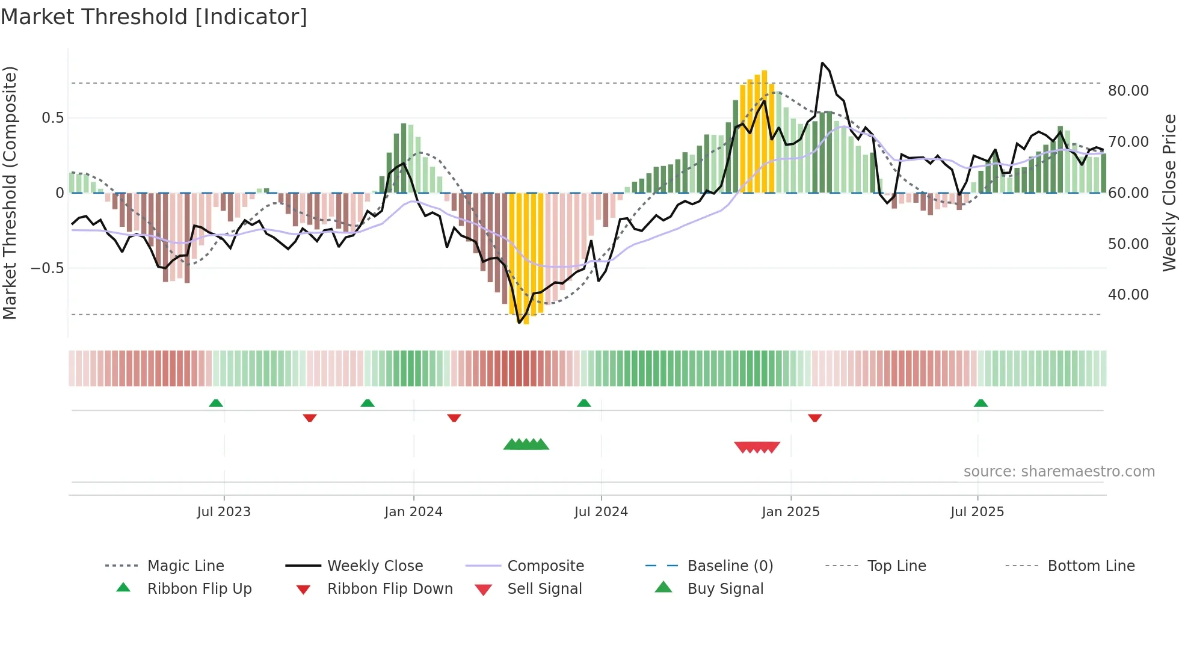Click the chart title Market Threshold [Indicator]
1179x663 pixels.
coord(154,17)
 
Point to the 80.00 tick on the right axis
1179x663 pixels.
coord(1128,91)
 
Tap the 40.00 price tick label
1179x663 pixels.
coord(1128,295)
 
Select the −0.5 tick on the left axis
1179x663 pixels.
coord(48,268)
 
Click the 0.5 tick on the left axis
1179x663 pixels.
coord(52,118)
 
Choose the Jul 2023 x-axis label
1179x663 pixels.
coord(224,512)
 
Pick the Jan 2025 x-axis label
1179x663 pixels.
coord(790,512)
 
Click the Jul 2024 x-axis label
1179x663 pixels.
coord(601,512)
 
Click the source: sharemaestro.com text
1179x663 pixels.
coord(1059,472)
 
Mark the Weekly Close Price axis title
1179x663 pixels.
coord(1169,193)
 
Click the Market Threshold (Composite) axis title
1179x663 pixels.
coord(10,193)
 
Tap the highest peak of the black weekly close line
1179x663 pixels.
coord(822,63)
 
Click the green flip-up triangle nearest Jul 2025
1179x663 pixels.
coord(980,403)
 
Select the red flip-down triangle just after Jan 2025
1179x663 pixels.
coord(815,418)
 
